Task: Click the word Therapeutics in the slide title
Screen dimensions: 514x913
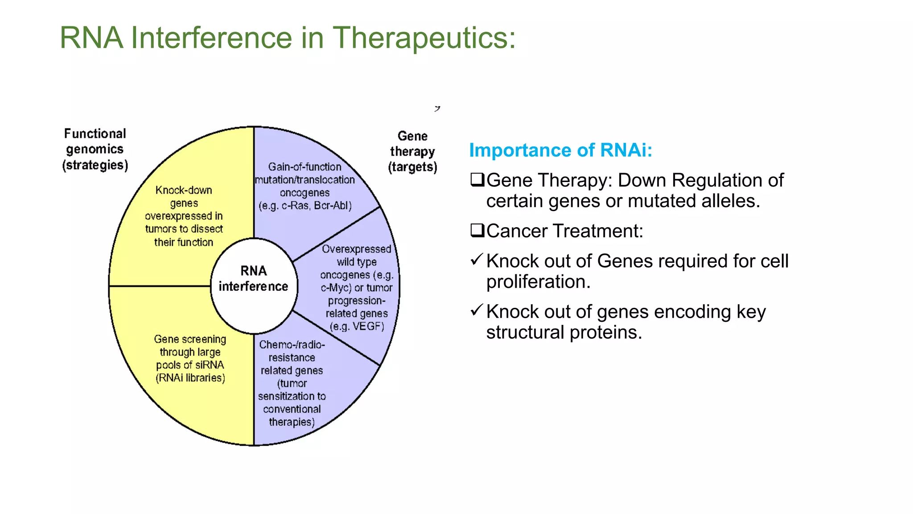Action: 424,38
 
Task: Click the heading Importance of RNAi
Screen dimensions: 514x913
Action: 560,150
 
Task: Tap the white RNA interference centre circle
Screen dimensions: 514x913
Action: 253,286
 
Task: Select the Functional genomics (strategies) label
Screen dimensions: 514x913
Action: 95,149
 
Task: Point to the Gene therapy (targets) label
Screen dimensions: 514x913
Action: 412,152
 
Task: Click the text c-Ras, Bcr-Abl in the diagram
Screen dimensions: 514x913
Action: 316,206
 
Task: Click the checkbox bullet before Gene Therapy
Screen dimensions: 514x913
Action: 477,180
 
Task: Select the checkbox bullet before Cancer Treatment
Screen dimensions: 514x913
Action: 477,231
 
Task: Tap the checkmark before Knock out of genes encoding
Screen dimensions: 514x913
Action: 477,309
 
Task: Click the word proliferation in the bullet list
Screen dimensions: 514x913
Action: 537,282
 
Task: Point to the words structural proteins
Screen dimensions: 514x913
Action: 563,333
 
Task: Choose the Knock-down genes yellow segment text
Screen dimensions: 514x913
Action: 184,216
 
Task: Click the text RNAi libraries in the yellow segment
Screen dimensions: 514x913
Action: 190,378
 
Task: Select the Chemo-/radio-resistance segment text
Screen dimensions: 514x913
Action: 292,383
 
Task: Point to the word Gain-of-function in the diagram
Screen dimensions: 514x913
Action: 304,167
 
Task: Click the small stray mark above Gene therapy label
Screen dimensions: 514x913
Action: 437,108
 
